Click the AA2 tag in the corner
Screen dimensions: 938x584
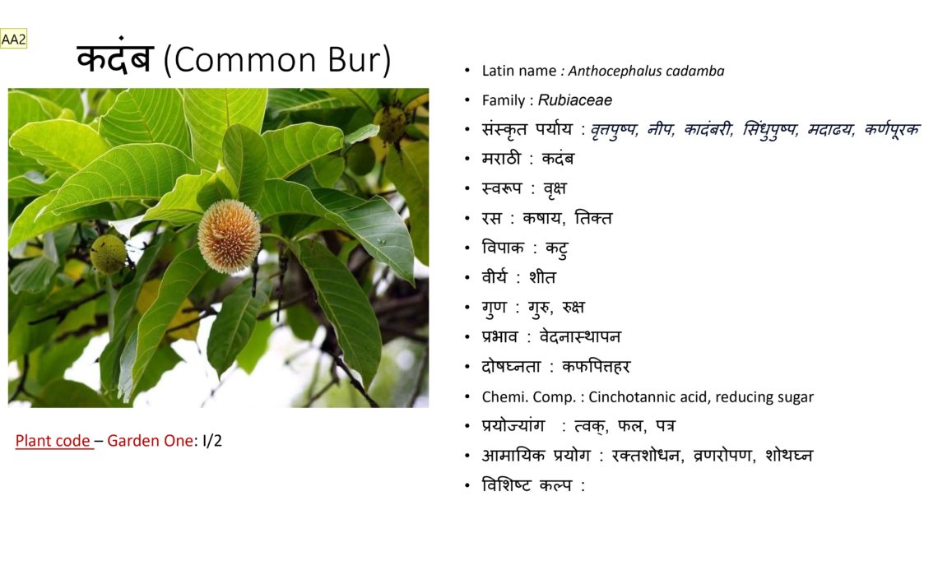[13, 39]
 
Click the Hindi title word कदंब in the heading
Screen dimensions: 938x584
[115, 58]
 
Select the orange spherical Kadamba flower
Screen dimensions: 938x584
[229, 237]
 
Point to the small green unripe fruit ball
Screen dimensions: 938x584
[109, 253]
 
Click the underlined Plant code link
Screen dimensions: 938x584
[53, 441]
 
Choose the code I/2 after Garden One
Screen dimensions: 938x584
[212, 441]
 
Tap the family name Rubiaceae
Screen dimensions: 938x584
[575, 100]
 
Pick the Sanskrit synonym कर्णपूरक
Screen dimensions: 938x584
[892, 129]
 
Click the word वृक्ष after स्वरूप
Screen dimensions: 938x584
[555, 189]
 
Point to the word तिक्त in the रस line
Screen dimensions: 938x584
[592, 218]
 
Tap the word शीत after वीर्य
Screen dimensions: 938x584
[542, 277]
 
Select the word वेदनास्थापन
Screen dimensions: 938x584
[580, 336]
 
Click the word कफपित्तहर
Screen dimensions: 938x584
[596, 366]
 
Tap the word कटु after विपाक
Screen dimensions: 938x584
[556, 248]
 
